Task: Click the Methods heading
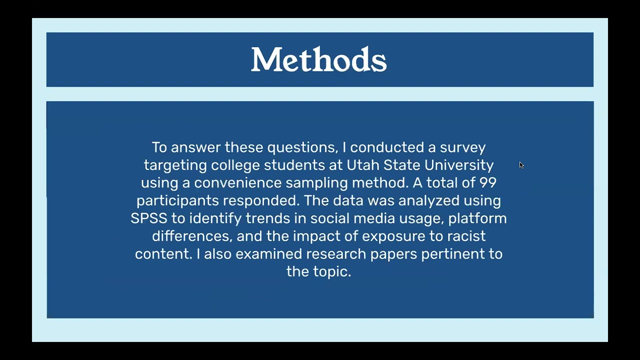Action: (318, 60)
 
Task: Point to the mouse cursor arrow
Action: (521, 165)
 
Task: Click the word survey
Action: (462, 147)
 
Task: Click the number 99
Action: (487, 183)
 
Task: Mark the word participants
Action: (177, 201)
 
